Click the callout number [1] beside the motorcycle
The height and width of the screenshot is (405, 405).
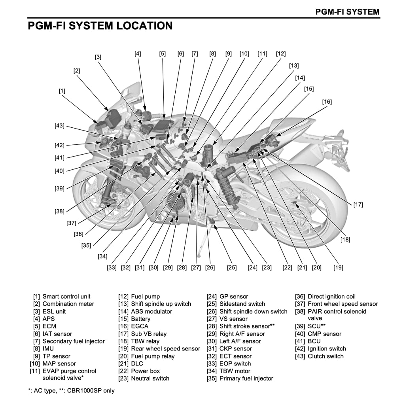(62, 91)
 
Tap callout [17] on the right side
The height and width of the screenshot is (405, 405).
(358, 204)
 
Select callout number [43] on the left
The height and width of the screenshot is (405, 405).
(59, 126)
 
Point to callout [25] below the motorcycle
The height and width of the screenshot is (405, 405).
(232, 268)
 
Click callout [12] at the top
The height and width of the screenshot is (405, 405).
(281, 54)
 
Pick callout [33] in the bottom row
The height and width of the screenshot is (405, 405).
(112, 268)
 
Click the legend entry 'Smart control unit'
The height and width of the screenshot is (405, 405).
(66, 296)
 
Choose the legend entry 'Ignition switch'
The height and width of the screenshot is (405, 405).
(327, 348)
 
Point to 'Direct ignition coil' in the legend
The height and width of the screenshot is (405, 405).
(331, 296)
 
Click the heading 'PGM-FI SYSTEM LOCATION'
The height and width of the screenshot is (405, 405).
(100, 26)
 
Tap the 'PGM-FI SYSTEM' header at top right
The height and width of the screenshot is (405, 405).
(347, 11)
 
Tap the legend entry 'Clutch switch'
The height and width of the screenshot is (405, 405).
(326, 356)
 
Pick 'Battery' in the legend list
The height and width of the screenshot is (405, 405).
(141, 319)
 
